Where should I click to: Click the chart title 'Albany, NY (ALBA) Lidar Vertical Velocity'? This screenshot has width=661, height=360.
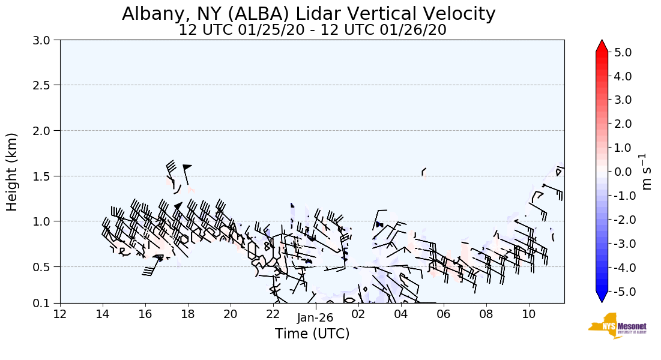[x=309, y=14]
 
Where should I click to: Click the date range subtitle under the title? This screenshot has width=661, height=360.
[x=312, y=30]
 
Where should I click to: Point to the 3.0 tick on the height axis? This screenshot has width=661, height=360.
[x=46, y=40]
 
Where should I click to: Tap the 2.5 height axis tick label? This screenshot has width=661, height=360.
[x=46, y=85]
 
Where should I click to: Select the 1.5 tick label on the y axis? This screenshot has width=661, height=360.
[x=46, y=176]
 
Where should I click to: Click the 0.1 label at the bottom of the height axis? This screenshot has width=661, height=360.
[x=46, y=303]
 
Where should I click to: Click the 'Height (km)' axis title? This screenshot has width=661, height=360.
[x=12, y=172]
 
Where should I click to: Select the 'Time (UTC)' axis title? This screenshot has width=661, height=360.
[x=312, y=334]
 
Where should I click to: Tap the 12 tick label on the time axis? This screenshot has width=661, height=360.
[x=60, y=314]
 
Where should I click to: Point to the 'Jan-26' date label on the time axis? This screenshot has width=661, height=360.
[x=315, y=319]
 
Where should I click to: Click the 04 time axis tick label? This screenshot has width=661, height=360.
[x=401, y=314]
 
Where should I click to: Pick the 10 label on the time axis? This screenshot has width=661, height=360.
[x=529, y=314]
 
